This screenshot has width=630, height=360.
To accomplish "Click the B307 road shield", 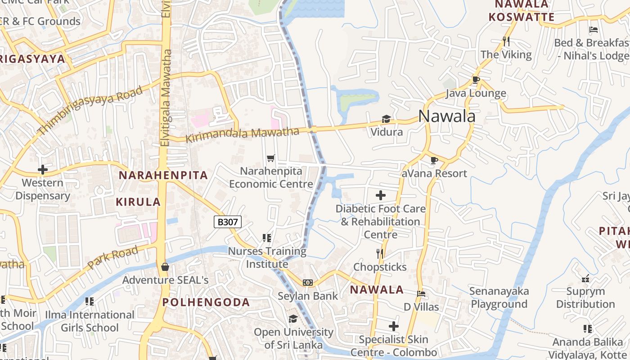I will click(x=228, y=221).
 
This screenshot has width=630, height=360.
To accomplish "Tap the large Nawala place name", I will click(x=446, y=116).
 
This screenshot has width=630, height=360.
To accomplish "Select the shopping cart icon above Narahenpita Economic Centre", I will click(x=270, y=158).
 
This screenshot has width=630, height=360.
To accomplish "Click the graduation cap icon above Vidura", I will click(x=386, y=119).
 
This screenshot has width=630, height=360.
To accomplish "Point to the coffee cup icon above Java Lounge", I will click(x=476, y=80).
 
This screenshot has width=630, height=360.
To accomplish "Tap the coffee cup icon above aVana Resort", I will click(x=434, y=160).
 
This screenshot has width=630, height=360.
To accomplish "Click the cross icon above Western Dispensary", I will click(x=43, y=170).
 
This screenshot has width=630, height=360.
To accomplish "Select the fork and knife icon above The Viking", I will click(x=506, y=41).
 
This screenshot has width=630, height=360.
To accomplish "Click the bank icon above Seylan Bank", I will click(x=308, y=283).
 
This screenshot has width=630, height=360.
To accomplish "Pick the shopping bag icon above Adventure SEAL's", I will click(x=165, y=267).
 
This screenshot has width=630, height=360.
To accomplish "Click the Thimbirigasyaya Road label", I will click(x=90, y=110).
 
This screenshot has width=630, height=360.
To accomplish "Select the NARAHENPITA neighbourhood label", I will click(x=163, y=175).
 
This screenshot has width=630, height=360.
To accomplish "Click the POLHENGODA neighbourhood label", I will click(x=206, y=302).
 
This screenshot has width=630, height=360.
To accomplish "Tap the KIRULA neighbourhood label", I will click(x=138, y=202).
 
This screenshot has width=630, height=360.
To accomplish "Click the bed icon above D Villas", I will click(x=421, y=293).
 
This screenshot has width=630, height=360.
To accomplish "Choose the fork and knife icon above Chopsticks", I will click(x=380, y=254).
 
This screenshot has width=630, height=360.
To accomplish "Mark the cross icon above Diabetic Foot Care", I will click(x=381, y=195).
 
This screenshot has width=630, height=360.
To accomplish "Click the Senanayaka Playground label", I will click(x=499, y=297).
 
